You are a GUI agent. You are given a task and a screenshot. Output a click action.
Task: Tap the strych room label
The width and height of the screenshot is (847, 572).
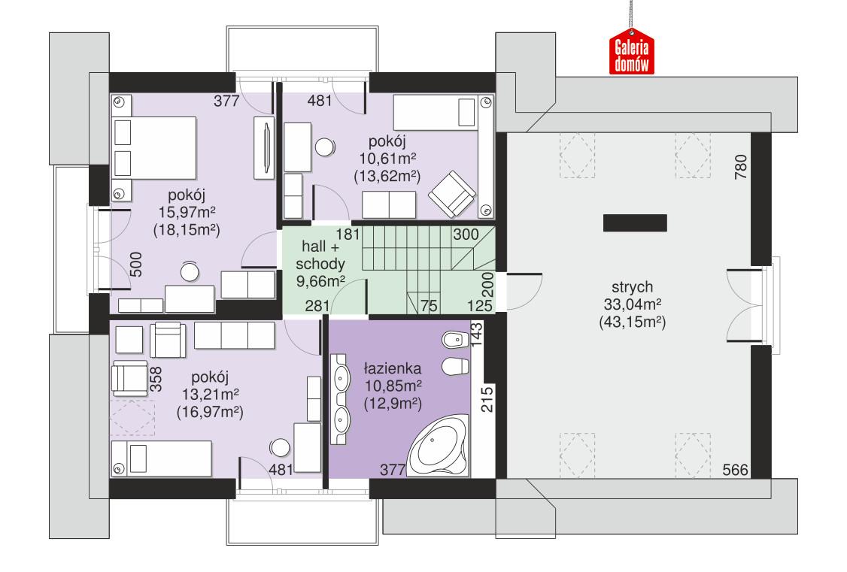tap(631, 287)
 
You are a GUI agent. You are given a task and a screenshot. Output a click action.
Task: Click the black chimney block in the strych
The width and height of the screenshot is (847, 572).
tap(634, 222)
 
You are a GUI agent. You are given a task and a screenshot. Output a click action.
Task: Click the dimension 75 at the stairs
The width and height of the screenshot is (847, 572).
tap(429, 305)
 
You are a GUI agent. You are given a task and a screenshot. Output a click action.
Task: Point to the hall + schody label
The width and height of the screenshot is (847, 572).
tap(323, 256)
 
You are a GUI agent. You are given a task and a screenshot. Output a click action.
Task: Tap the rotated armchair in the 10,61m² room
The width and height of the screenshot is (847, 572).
tap(452, 193)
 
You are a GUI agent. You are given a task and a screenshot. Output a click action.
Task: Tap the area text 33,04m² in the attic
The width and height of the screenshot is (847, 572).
tap(632, 304)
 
